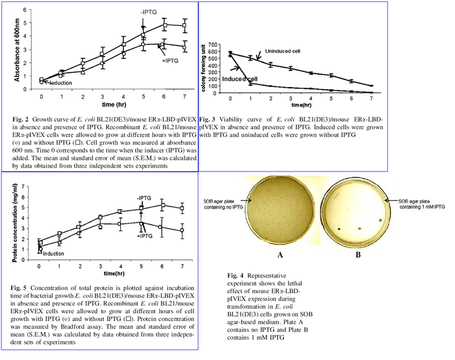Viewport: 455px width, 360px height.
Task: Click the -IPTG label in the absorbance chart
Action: (145, 12)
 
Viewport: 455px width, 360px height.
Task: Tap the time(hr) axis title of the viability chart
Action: (300, 104)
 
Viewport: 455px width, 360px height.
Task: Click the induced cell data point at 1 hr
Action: (250, 83)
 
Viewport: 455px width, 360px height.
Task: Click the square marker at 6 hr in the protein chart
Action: (162, 205)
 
